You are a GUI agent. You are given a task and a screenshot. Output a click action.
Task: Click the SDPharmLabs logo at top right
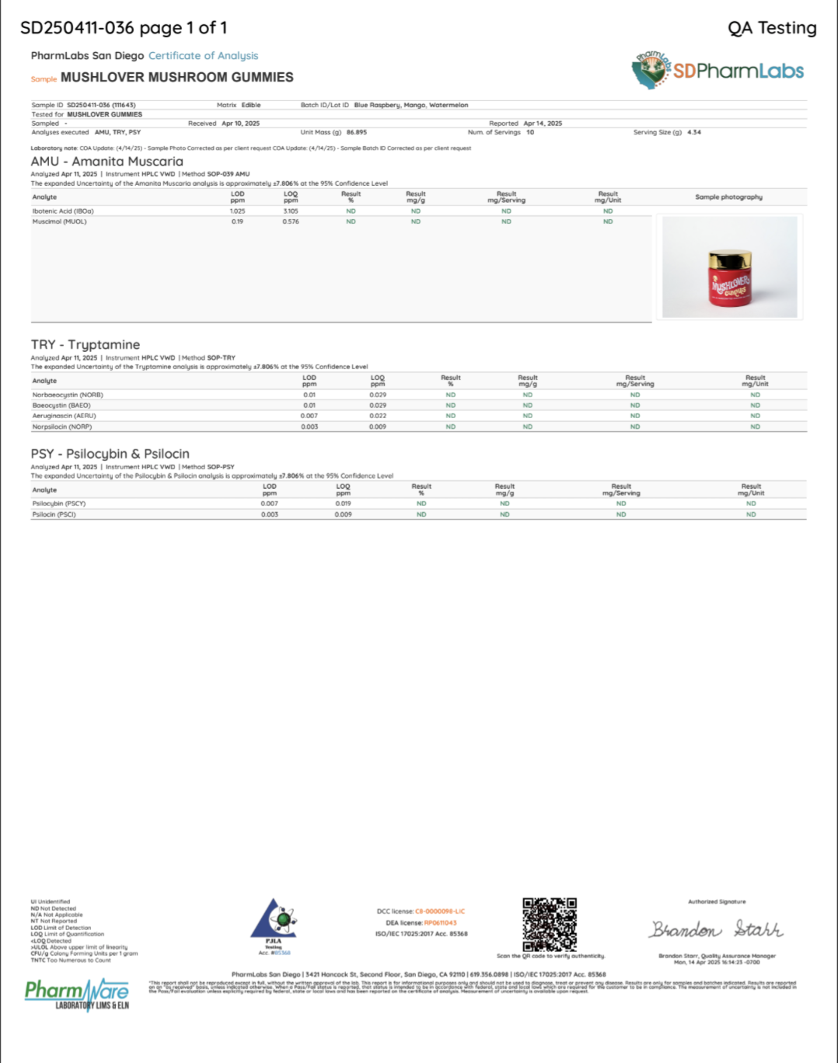(717, 71)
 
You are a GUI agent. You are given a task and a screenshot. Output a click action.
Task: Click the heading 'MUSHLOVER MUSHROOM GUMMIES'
(177, 78)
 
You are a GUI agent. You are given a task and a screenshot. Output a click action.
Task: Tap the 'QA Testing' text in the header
(771, 29)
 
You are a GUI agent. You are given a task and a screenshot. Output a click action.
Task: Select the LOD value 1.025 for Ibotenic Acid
(237, 211)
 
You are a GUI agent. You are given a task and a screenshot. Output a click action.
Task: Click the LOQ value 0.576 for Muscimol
(291, 222)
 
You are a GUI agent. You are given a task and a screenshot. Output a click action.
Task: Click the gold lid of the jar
(729, 258)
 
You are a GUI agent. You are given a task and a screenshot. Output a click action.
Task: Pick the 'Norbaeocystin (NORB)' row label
(68, 396)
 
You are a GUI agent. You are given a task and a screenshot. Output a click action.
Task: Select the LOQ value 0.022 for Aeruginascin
(378, 416)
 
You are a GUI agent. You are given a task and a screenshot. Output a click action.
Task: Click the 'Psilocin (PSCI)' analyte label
(54, 515)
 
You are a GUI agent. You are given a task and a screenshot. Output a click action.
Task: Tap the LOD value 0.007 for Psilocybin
(269, 504)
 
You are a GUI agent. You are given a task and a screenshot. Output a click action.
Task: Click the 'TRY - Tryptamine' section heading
(86, 345)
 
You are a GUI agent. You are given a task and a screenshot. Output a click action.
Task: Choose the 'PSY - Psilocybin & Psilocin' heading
(110, 454)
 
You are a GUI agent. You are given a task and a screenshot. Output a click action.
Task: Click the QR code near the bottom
(550, 925)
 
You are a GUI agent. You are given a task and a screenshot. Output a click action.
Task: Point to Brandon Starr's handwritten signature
(716, 929)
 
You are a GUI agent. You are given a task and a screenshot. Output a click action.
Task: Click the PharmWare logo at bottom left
(77, 994)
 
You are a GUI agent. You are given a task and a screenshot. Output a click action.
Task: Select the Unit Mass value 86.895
(357, 133)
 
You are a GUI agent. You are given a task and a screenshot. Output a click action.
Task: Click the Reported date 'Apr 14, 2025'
(543, 124)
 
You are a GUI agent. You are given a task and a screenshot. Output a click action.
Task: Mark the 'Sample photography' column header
(728, 197)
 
